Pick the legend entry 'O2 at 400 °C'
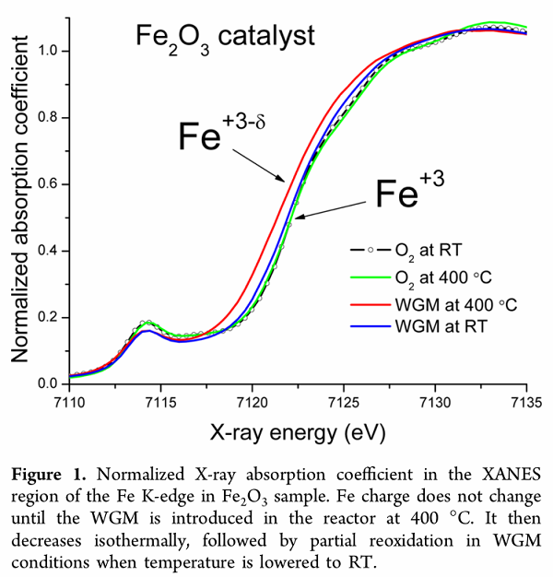click(439, 275)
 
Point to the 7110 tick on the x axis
click(70, 402)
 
